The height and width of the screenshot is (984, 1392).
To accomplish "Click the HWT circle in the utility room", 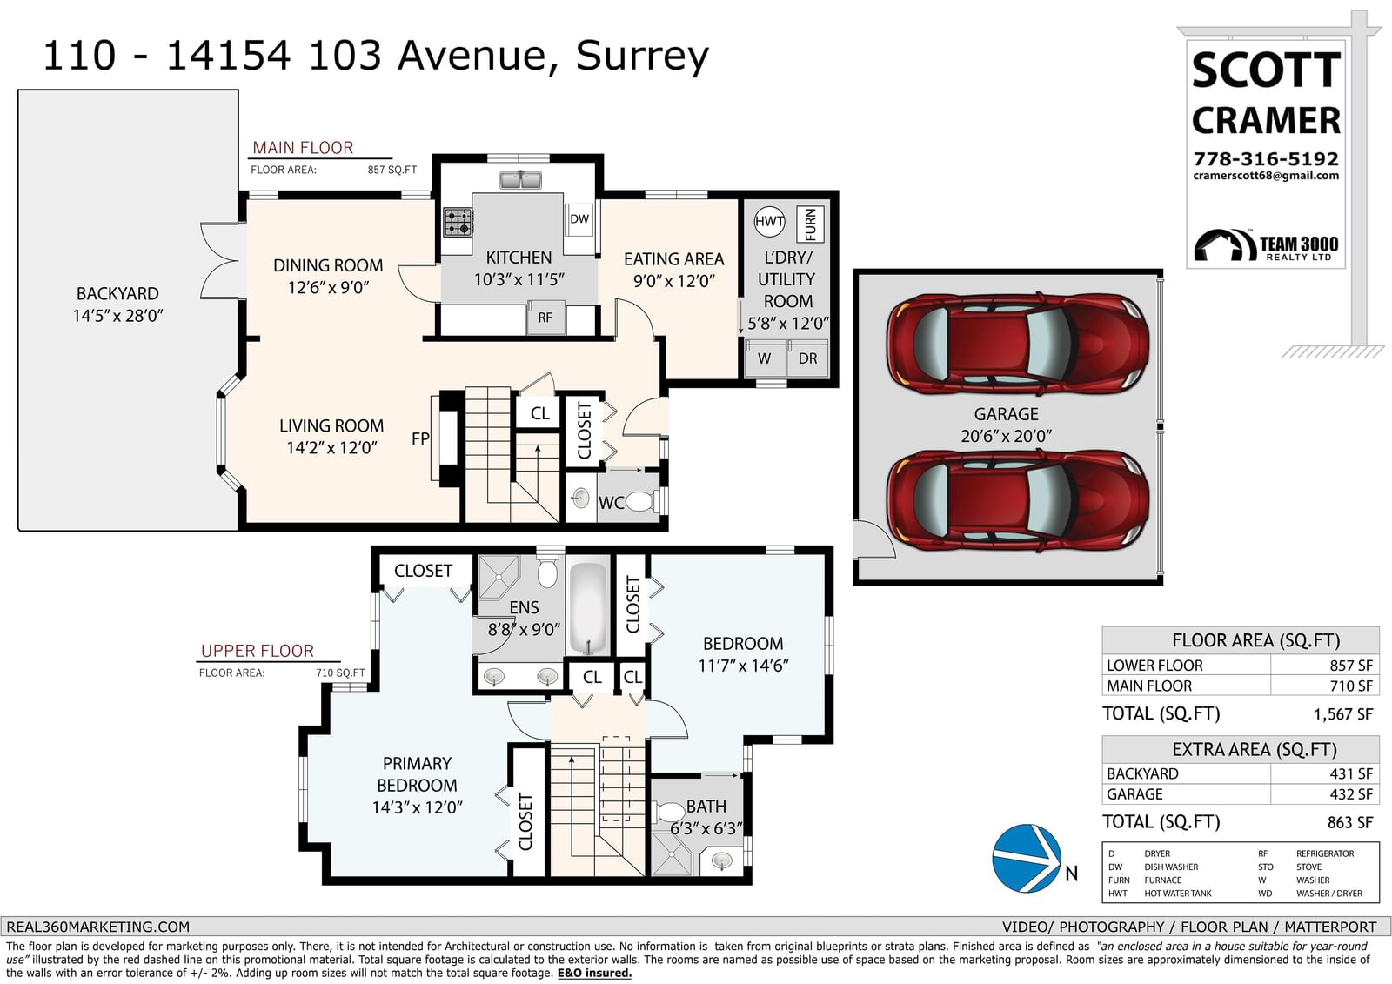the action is [x=769, y=221].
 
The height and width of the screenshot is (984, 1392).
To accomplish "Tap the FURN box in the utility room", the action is [x=810, y=224].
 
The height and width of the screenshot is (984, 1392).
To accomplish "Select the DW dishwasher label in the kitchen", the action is [x=579, y=218].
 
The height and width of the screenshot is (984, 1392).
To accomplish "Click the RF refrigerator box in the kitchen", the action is [x=545, y=318].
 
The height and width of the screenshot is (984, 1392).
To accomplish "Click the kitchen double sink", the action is [x=521, y=180].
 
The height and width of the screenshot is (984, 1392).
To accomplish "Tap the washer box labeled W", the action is [x=765, y=358].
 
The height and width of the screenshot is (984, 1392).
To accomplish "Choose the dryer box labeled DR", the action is [x=808, y=358].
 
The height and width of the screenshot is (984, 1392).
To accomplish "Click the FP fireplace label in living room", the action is [x=420, y=438].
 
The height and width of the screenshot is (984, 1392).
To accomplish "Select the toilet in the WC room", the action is [x=640, y=502].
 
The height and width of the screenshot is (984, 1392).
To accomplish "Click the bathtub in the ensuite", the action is [x=588, y=608].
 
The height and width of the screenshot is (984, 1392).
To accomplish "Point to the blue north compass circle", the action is [x=1027, y=859].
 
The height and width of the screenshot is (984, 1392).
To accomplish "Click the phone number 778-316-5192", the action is [x=1266, y=159].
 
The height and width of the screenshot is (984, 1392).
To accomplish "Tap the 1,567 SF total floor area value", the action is [x=1343, y=714].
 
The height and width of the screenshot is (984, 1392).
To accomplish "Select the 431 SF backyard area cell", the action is [x=1351, y=774].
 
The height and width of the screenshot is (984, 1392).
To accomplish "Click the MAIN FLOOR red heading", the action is [x=303, y=148].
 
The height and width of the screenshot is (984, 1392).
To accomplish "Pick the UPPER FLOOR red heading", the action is [x=258, y=651].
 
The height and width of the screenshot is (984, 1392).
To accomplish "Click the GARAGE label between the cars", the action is [x=1006, y=414].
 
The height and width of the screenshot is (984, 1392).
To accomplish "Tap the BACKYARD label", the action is [x=117, y=293].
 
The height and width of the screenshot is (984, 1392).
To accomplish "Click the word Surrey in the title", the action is [x=642, y=57].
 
